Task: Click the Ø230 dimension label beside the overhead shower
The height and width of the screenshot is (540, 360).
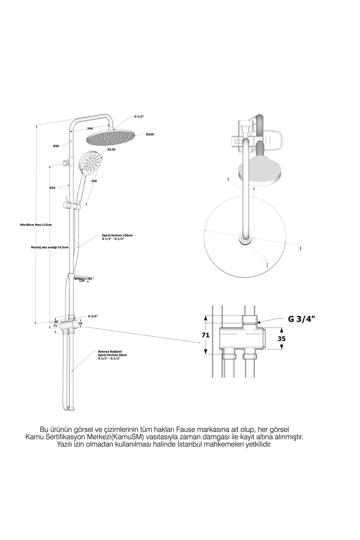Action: (150, 134)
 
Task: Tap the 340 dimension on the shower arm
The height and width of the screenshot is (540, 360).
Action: (90, 128)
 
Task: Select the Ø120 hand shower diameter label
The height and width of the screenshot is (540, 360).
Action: (111, 149)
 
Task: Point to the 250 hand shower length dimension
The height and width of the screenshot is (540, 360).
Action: (94, 181)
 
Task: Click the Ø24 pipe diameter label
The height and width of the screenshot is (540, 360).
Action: (52, 188)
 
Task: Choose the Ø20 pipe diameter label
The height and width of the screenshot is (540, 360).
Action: (56, 146)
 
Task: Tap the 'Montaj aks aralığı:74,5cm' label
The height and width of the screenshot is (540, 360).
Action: (50, 247)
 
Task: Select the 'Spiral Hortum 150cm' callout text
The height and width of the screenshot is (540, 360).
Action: (117, 235)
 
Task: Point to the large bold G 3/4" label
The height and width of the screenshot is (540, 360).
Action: (302, 319)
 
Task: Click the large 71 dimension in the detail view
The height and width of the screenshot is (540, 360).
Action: (205, 335)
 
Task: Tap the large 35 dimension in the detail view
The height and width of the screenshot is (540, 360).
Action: (281, 339)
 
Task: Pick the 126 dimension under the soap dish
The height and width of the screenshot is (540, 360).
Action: (82, 281)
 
